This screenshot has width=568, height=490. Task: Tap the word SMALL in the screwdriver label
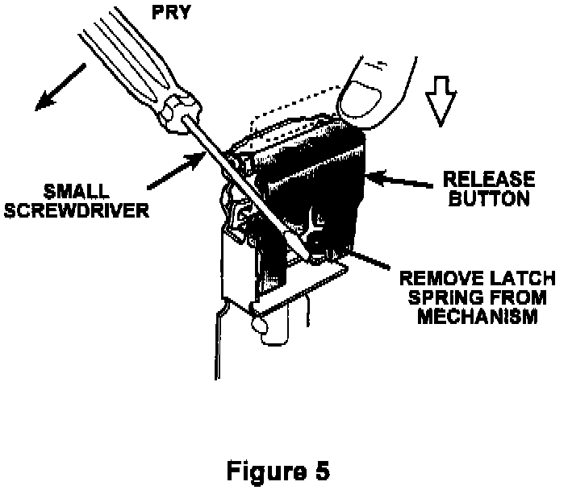[80, 195]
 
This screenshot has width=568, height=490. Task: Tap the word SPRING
[437, 298]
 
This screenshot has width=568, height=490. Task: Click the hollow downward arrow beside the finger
[439, 102]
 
